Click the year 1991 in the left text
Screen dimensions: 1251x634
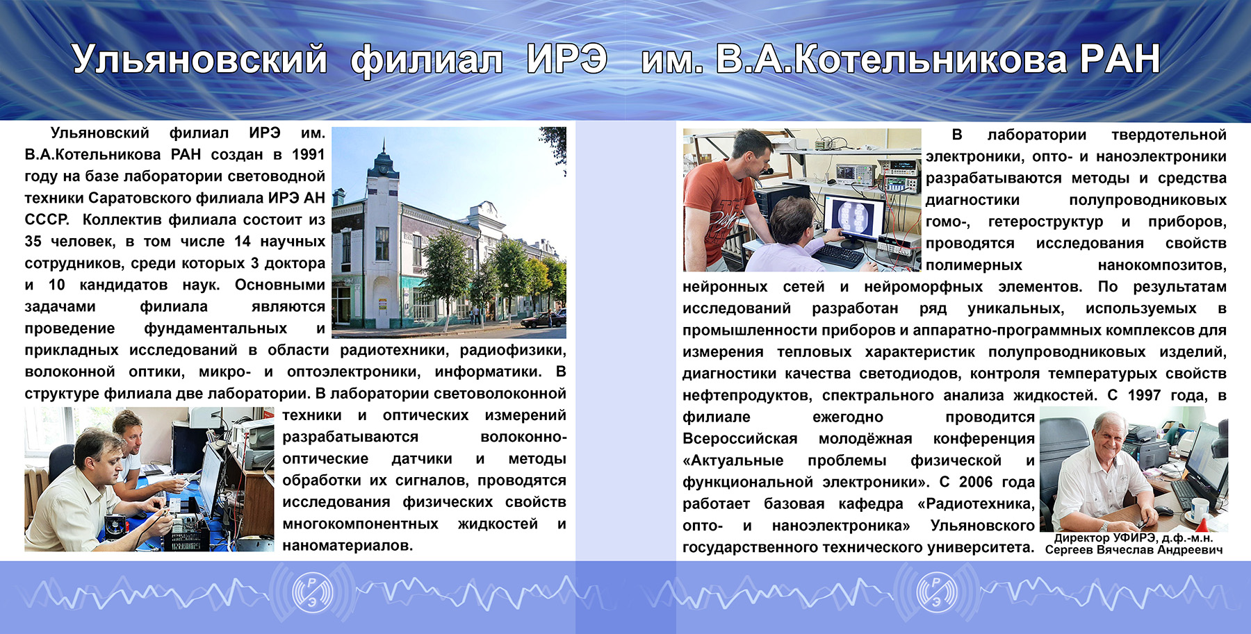pyautogui.click(x=308, y=154)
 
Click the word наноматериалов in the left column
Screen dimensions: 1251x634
pyautogui.click(x=347, y=546)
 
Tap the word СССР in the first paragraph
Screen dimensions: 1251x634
pyautogui.click(x=47, y=219)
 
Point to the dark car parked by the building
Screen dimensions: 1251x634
pyautogui.click(x=543, y=319)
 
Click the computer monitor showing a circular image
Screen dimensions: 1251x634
pyautogui.click(x=853, y=217)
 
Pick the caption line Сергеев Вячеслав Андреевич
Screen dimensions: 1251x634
pyautogui.click(x=1134, y=550)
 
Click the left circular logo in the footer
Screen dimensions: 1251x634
pyautogui.click(x=312, y=591)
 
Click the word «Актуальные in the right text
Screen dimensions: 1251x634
pyautogui.click(x=733, y=460)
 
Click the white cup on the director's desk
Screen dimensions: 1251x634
pyautogui.click(x=1200, y=506)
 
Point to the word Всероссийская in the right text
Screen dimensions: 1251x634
pyautogui.click(x=739, y=439)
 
